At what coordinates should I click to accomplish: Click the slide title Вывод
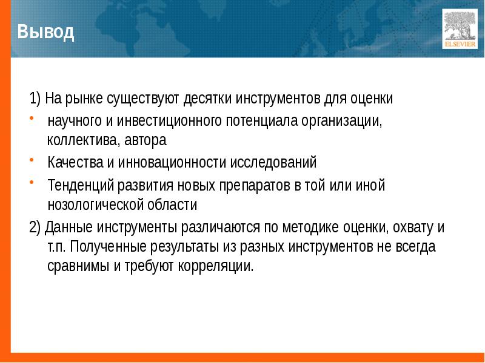(46, 31)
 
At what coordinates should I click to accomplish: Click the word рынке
(87, 97)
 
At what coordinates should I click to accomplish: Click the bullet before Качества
(32, 161)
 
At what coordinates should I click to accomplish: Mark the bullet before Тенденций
(32, 183)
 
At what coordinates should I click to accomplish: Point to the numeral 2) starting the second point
(35, 227)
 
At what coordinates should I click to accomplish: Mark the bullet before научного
(32, 117)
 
